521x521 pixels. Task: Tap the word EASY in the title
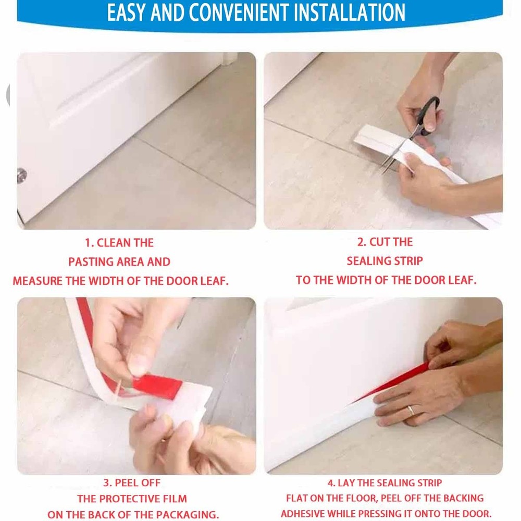[x=126, y=13]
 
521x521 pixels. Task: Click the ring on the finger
[x=411, y=411]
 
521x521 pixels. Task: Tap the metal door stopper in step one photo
[x=22, y=175]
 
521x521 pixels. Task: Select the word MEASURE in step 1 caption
[x=38, y=281]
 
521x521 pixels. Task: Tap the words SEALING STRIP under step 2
[x=385, y=261]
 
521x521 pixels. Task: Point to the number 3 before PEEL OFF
[x=106, y=483]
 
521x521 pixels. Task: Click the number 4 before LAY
[x=331, y=483]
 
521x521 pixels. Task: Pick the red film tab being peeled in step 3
[x=156, y=387]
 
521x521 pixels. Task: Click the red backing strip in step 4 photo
[x=392, y=382]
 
